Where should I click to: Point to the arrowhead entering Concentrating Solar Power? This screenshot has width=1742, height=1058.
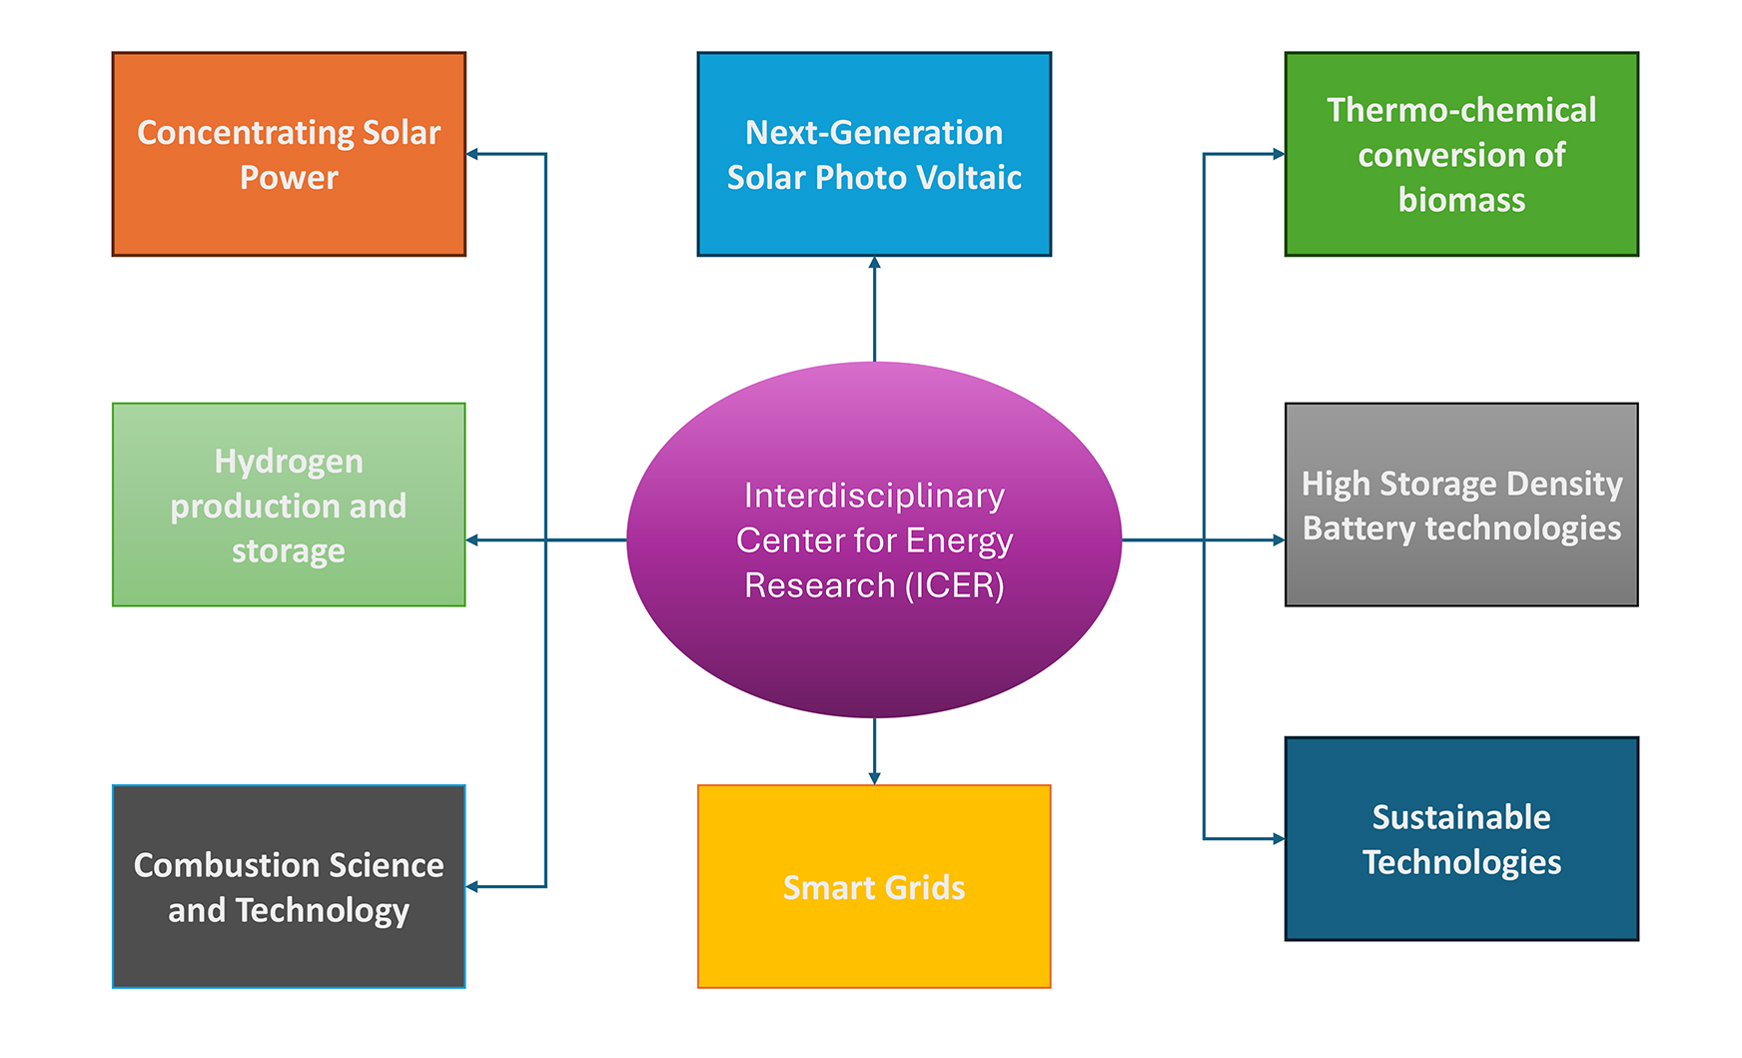click(x=472, y=154)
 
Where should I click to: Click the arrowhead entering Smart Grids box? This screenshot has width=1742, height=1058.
click(x=874, y=778)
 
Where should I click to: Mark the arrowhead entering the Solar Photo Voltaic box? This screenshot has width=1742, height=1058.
click(x=874, y=263)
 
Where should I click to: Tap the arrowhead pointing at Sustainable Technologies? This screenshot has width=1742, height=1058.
click(x=1279, y=838)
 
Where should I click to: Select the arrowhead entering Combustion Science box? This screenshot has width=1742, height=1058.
click(x=472, y=886)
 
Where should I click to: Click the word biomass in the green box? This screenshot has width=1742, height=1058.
click(x=1461, y=200)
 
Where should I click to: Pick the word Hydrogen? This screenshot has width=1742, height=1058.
click(x=289, y=462)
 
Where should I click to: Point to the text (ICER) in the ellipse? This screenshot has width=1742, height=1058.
click(x=954, y=585)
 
